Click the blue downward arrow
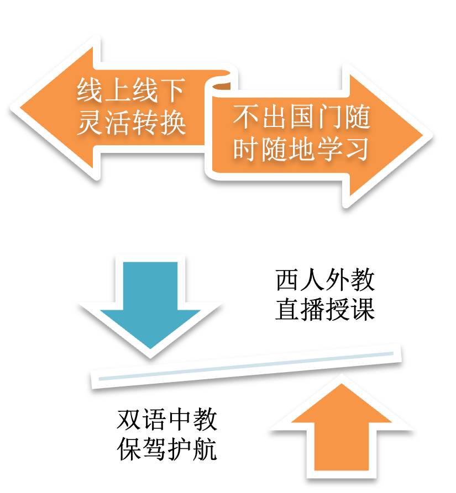click(150, 302)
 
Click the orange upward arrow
click(342, 431)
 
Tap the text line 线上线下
click(130, 90)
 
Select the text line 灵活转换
click(131, 123)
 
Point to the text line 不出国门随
click(301, 117)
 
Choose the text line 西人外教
click(325, 280)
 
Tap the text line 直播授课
click(325, 309)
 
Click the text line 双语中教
click(167, 420)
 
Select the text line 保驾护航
click(167, 449)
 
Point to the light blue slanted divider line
click(246, 366)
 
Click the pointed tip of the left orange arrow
click(20, 108)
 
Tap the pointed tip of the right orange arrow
click(423, 136)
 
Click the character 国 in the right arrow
click(301, 117)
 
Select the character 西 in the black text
click(287, 280)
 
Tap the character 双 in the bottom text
click(129, 420)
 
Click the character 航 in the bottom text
click(205, 449)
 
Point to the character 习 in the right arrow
click(357, 149)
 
